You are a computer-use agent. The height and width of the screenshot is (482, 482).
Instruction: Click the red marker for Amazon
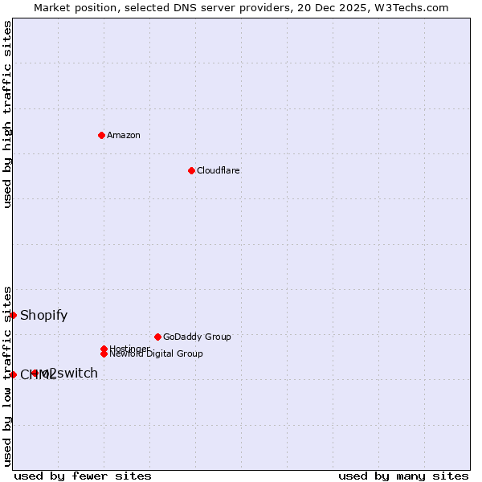click(x=101, y=135)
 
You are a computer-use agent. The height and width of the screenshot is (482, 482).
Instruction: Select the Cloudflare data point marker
click(x=191, y=170)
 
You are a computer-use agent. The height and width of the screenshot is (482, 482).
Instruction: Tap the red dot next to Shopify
click(x=14, y=315)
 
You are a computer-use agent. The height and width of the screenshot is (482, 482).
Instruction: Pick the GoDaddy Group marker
click(x=157, y=337)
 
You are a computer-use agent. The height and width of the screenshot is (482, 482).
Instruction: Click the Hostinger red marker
click(x=104, y=349)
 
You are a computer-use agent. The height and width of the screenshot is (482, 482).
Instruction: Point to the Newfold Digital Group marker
click(x=104, y=354)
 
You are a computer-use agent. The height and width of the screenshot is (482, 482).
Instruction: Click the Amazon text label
click(x=124, y=135)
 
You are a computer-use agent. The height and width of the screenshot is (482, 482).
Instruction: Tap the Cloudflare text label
click(x=219, y=170)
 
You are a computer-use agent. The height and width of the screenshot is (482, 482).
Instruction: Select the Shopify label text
click(x=44, y=315)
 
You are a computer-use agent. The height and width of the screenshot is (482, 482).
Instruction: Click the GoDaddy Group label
click(x=197, y=337)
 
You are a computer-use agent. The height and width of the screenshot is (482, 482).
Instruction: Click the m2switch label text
click(x=71, y=373)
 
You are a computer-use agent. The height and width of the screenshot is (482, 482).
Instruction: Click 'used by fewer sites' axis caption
click(x=83, y=476)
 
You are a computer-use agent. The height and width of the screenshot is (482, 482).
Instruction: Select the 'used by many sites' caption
click(x=403, y=476)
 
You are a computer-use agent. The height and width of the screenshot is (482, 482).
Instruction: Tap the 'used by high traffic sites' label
click(x=7, y=114)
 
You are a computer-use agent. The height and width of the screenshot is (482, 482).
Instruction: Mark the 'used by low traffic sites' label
click(x=7, y=375)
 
